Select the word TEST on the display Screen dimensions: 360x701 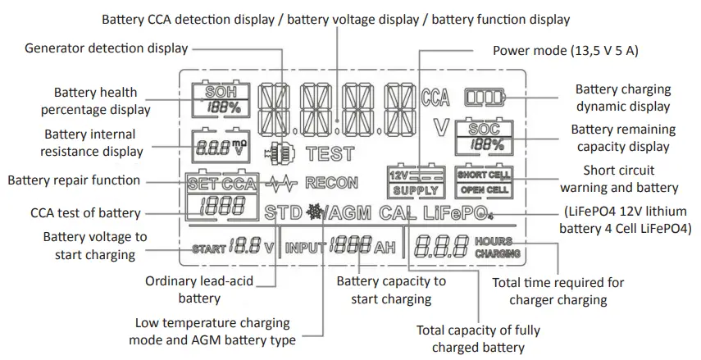pyautogui.click(x=330, y=153)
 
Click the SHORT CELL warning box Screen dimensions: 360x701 pyautogui.click(x=484, y=175)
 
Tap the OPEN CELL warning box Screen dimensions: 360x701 pyautogui.click(x=484, y=190)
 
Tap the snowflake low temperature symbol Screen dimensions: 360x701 pyautogui.click(x=314, y=212)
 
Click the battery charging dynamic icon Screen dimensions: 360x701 pyautogui.click(x=485, y=98)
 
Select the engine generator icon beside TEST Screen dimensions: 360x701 pyautogui.click(x=280, y=153)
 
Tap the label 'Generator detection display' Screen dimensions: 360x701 pyautogui.click(x=106, y=48)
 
